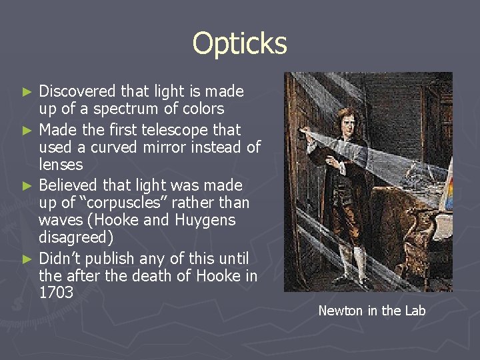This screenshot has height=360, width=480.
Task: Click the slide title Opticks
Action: click(x=239, y=44)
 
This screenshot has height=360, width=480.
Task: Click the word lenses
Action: click(x=61, y=165)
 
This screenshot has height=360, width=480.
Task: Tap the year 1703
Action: click(x=56, y=293)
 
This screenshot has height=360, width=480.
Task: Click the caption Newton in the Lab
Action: click(x=371, y=311)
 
